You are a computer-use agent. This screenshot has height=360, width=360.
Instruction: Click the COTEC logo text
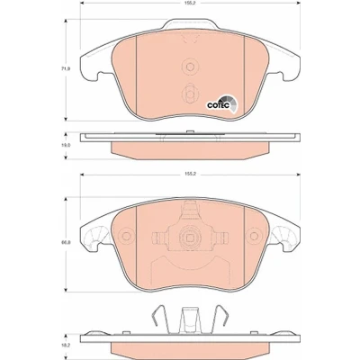219,105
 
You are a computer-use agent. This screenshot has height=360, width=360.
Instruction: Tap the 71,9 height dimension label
67,68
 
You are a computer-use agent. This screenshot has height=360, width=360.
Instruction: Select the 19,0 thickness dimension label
66,145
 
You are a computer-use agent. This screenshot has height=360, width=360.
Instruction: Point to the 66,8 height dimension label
67,243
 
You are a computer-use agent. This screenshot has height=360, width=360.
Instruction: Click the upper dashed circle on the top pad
190,67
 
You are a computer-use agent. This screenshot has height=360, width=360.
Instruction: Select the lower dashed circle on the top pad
190,94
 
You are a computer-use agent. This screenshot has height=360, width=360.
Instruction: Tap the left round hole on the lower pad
126,236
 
